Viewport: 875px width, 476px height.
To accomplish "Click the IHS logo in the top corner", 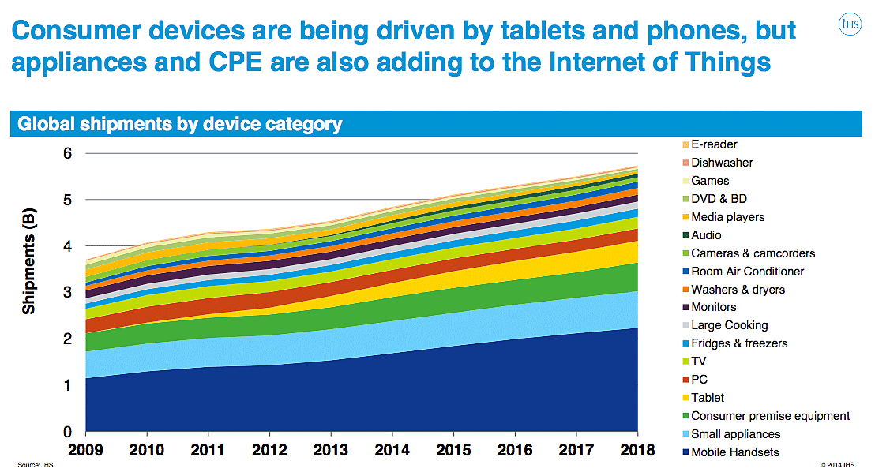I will click(x=849, y=25).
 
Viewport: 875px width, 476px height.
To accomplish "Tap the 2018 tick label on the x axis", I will click(x=637, y=451).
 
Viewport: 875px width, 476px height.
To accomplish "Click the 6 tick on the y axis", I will click(x=67, y=153).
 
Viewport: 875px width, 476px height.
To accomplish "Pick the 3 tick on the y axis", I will click(x=67, y=293).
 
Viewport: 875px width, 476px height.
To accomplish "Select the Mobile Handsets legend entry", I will click(x=734, y=452).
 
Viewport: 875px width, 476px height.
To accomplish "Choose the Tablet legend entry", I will click(x=707, y=398).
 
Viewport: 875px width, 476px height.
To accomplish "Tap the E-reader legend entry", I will click(x=714, y=144).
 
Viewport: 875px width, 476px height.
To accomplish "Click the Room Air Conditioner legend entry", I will click(x=747, y=271).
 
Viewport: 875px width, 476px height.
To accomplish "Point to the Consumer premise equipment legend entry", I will click(x=770, y=416).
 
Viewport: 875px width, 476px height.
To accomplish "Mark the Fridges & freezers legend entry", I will click(x=739, y=343).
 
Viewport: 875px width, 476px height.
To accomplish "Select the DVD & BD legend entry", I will click(x=719, y=199).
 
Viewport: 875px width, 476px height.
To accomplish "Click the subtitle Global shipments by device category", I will click(x=180, y=124).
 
